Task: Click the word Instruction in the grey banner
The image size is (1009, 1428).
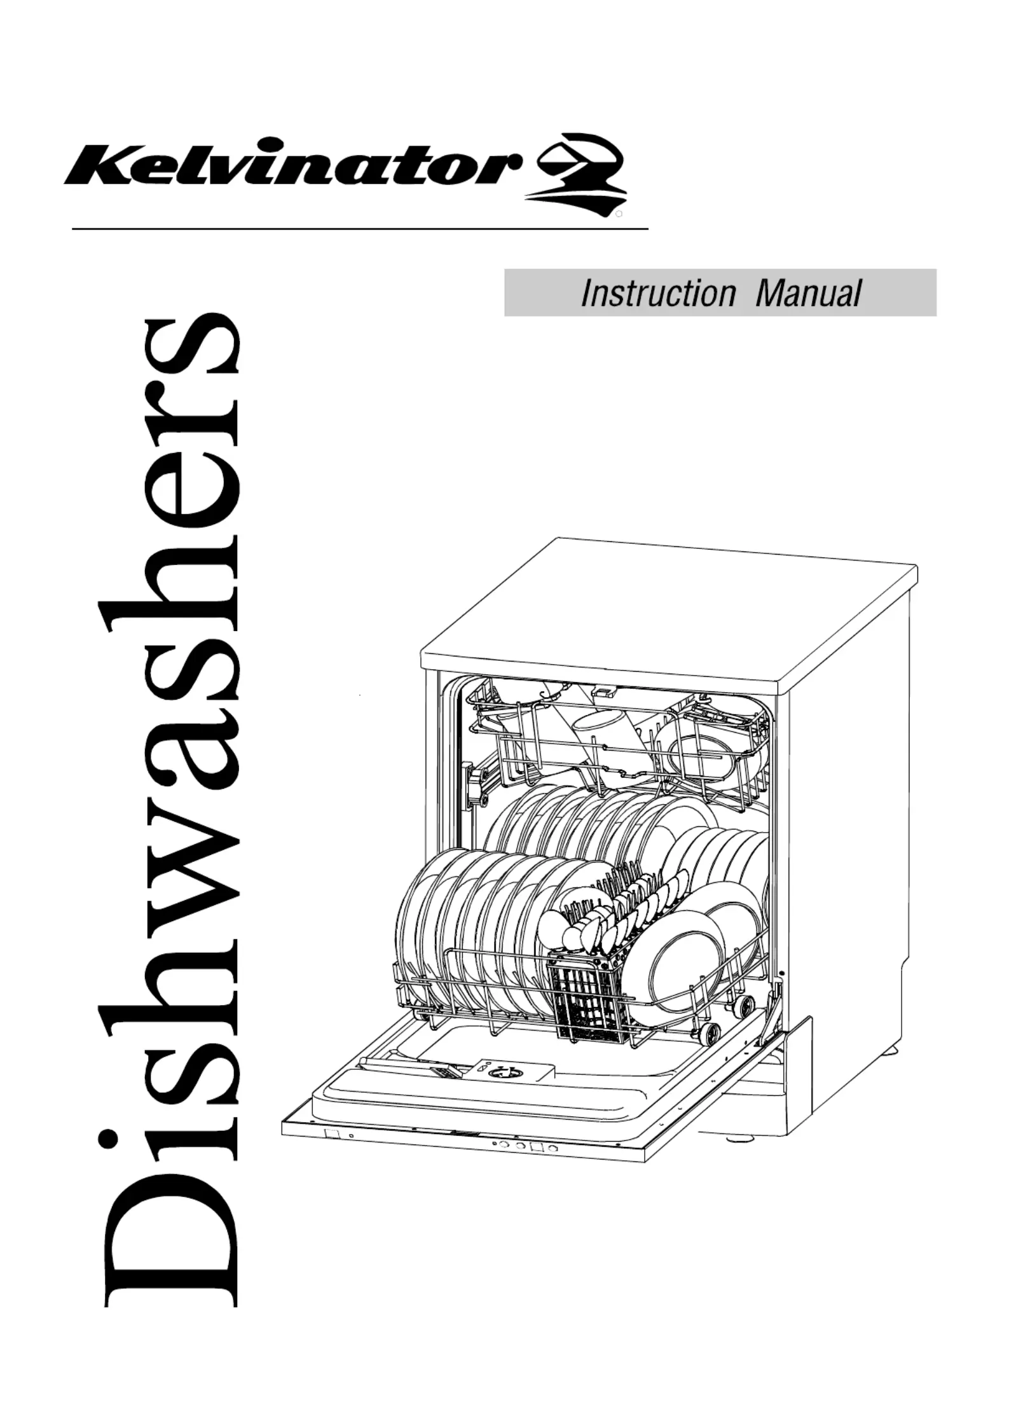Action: tap(657, 293)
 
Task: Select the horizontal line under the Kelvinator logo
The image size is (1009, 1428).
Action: tap(360, 228)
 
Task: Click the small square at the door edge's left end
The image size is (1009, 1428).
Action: tap(331, 1133)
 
